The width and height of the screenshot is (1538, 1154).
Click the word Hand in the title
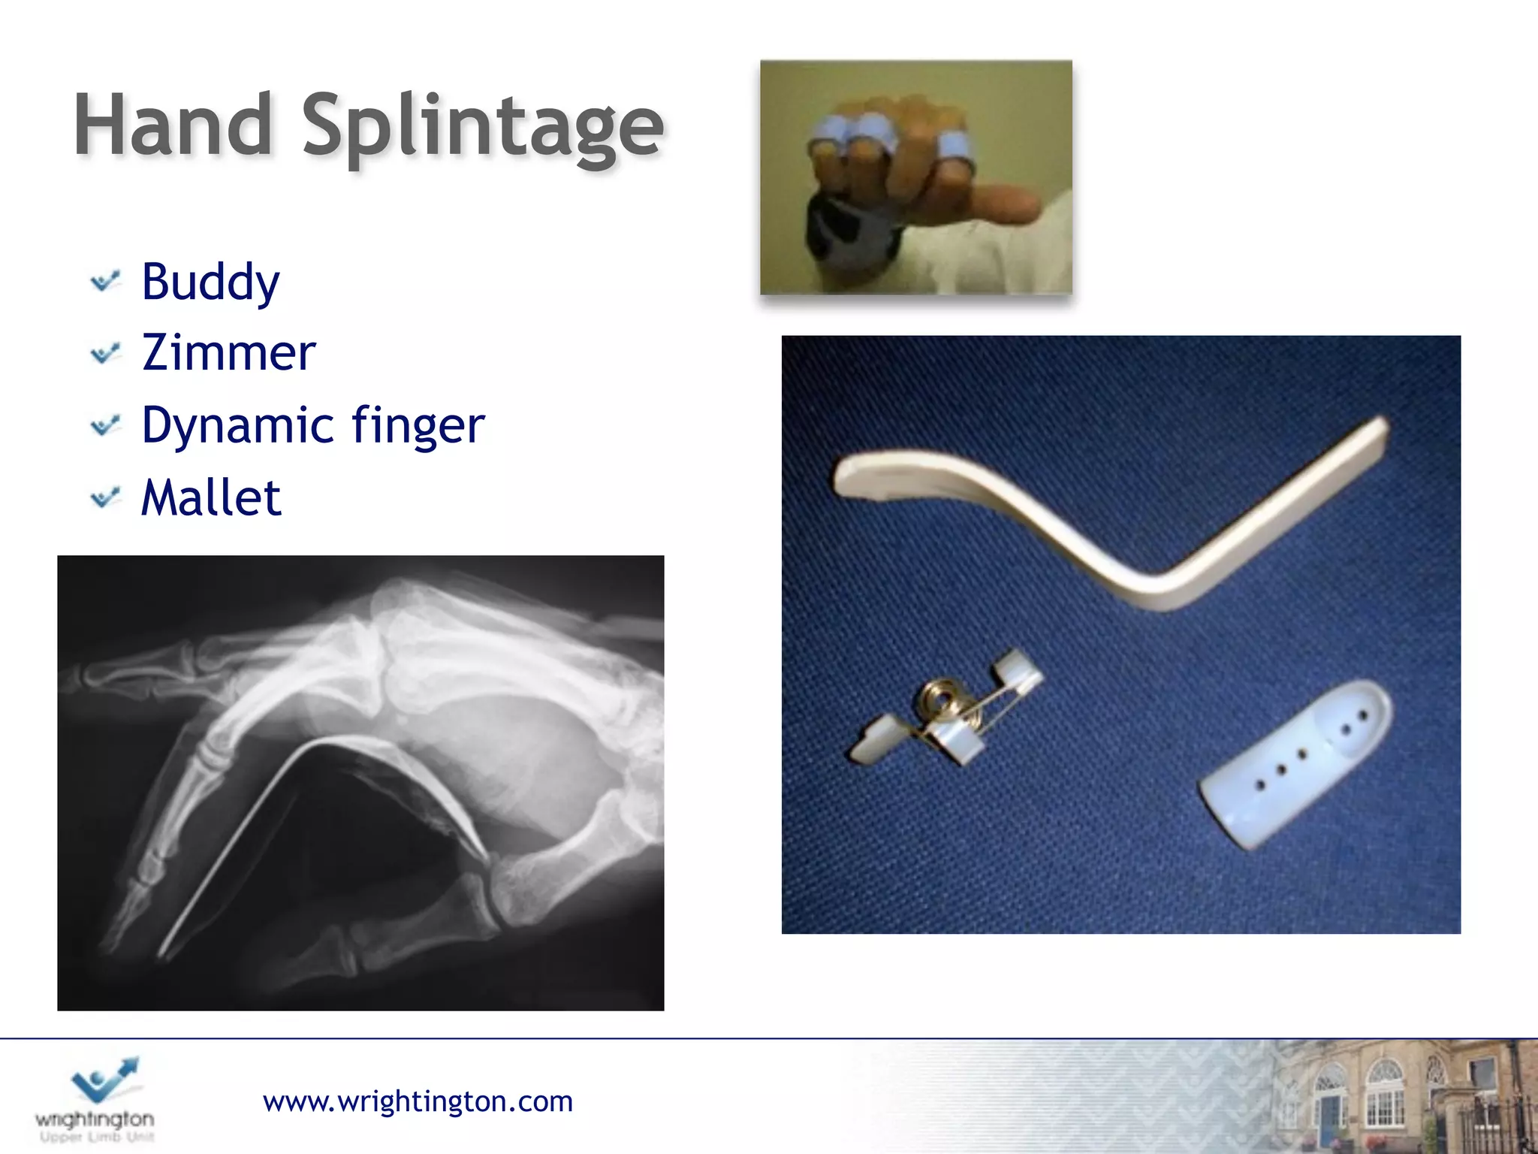173,125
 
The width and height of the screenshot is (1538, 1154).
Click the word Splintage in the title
483,128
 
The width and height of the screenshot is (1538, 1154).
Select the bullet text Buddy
210,282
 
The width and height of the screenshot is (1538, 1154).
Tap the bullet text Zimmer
228,353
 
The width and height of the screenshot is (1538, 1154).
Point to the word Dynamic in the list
237,426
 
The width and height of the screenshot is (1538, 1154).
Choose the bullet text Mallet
211,497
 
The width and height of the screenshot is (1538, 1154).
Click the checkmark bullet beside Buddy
105,282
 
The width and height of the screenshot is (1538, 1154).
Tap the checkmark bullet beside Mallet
105,497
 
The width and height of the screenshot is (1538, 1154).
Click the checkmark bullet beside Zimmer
105,353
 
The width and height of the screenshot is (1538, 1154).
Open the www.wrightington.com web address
418,1101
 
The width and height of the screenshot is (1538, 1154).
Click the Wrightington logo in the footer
95,1098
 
